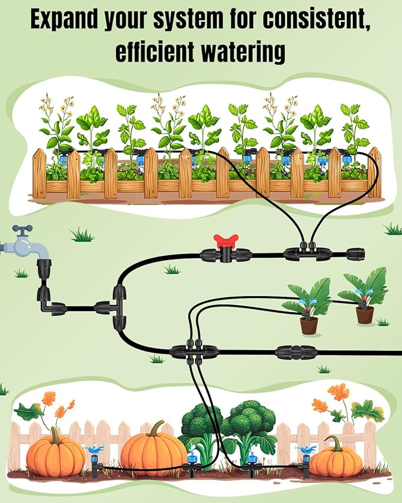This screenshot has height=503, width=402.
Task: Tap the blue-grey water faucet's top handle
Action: tap(22, 229)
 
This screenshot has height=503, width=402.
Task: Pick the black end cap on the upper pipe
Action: tap(356, 255)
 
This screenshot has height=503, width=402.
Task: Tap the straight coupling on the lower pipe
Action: tap(296, 353)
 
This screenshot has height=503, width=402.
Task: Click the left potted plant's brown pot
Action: tap(308, 325)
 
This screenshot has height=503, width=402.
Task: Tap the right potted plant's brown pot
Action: tap(365, 315)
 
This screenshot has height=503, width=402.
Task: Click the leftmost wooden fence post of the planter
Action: tap(39, 173)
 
